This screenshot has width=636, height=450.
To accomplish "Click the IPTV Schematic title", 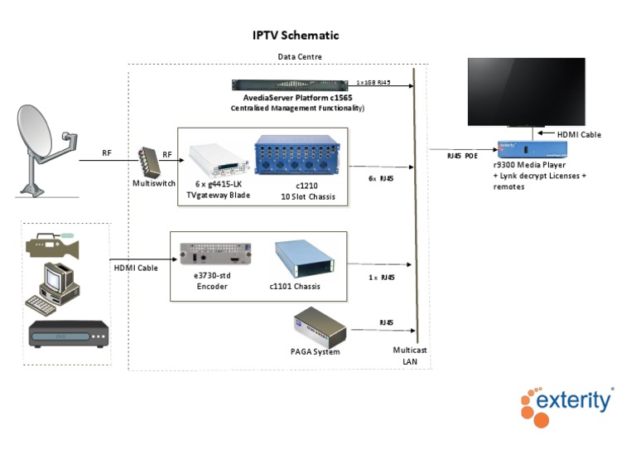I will click(296, 36).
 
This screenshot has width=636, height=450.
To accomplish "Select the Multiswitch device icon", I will click(148, 160).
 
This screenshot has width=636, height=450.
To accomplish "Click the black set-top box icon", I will click(69, 334).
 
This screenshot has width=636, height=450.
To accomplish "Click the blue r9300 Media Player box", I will click(530, 150).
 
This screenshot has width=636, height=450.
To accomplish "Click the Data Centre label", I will click(300, 56).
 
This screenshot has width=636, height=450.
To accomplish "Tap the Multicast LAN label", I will click(411, 356).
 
